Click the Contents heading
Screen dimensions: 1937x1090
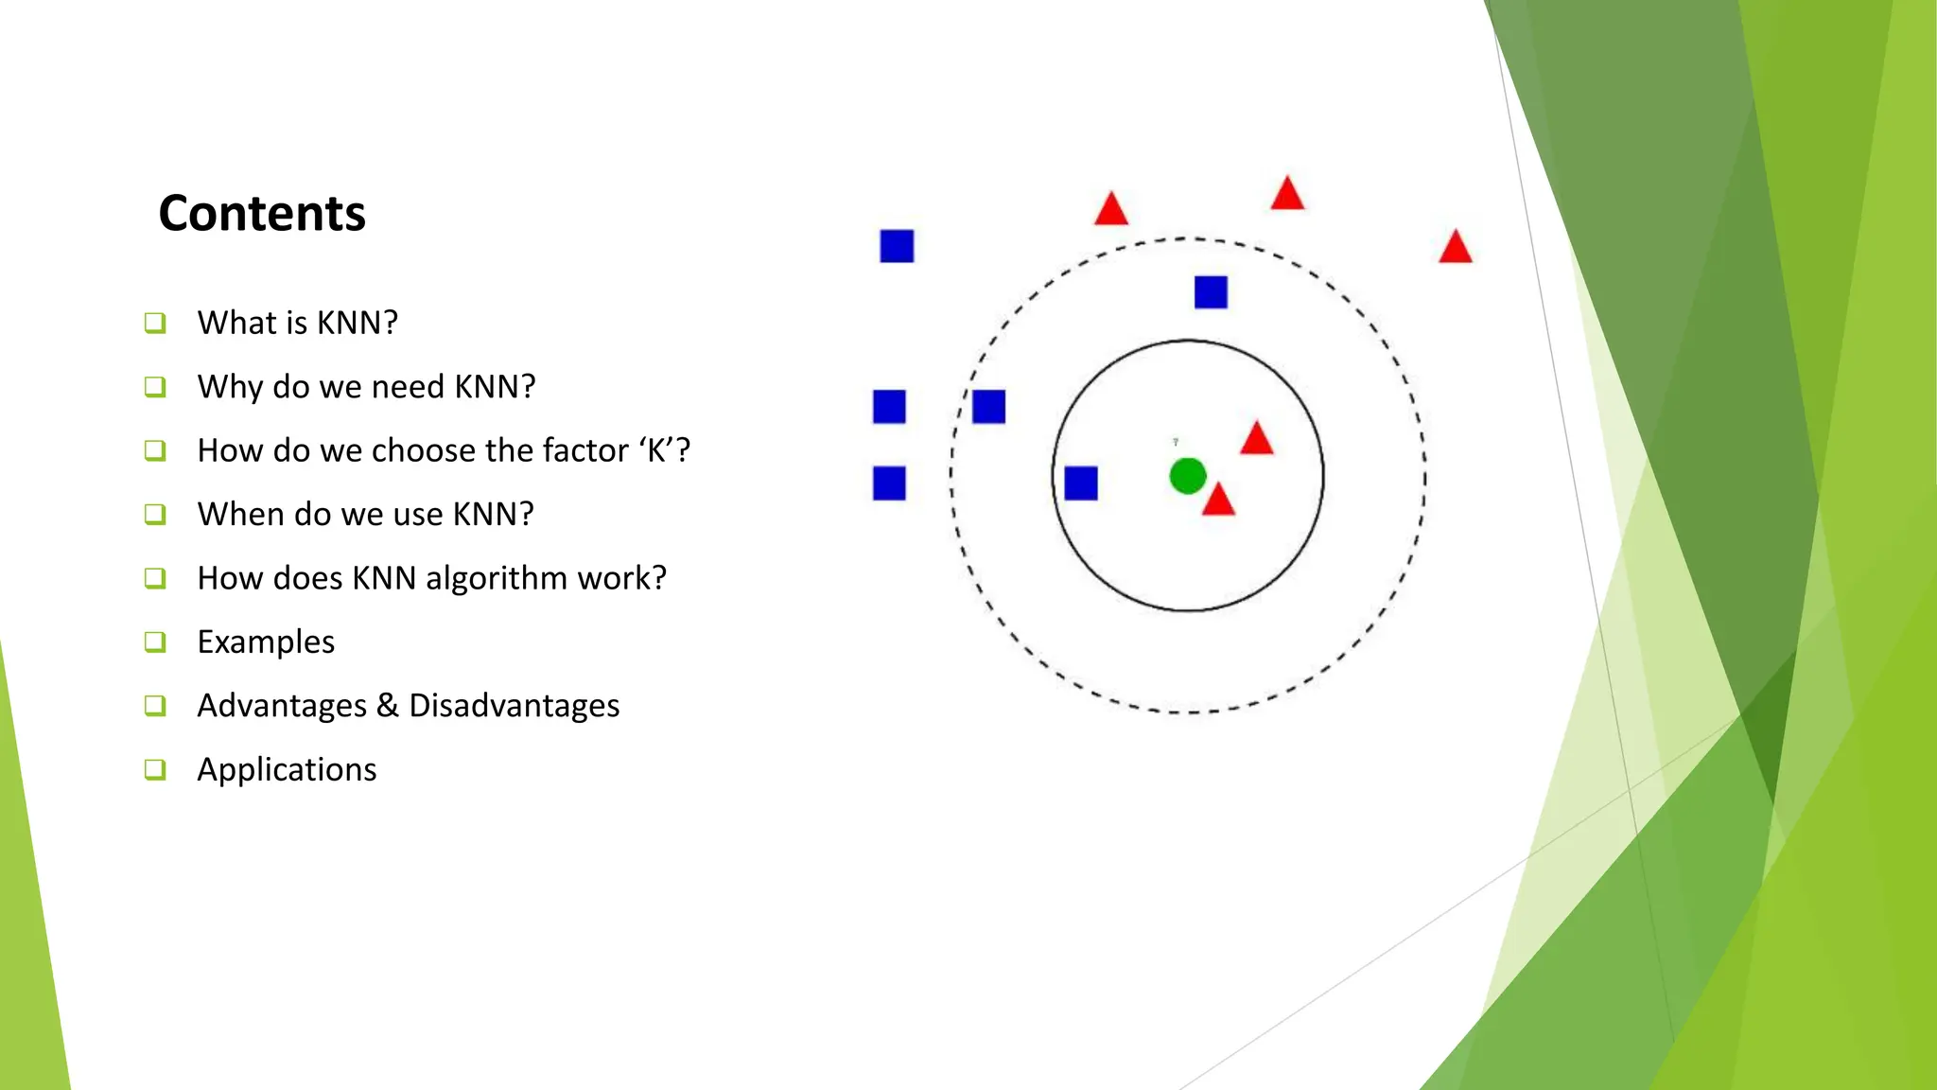click(x=262, y=213)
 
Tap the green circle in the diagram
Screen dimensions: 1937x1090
click(x=1187, y=476)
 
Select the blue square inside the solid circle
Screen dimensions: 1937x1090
click(x=1080, y=483)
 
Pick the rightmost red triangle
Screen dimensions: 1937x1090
click(x=1455, y=248)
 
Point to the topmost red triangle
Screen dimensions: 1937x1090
click(x=1287, y=194)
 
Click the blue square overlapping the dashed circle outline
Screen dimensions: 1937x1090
click(x=988, y=407)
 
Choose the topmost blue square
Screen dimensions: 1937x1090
click(x=897, y=246)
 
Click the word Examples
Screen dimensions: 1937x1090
click(x=266, y=642)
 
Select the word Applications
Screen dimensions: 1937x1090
click(x=287, y=769)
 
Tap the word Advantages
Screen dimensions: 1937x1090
click(x=282, y=706)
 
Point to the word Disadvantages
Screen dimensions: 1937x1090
click(x=514, y=706)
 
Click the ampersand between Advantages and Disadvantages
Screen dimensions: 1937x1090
click(x=388, y=706)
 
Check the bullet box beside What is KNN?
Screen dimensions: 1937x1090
click(x=155, y=323)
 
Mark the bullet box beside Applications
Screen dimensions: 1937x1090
click(x=155, y=769)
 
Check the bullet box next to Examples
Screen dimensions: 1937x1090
click(x=155, y=642)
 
